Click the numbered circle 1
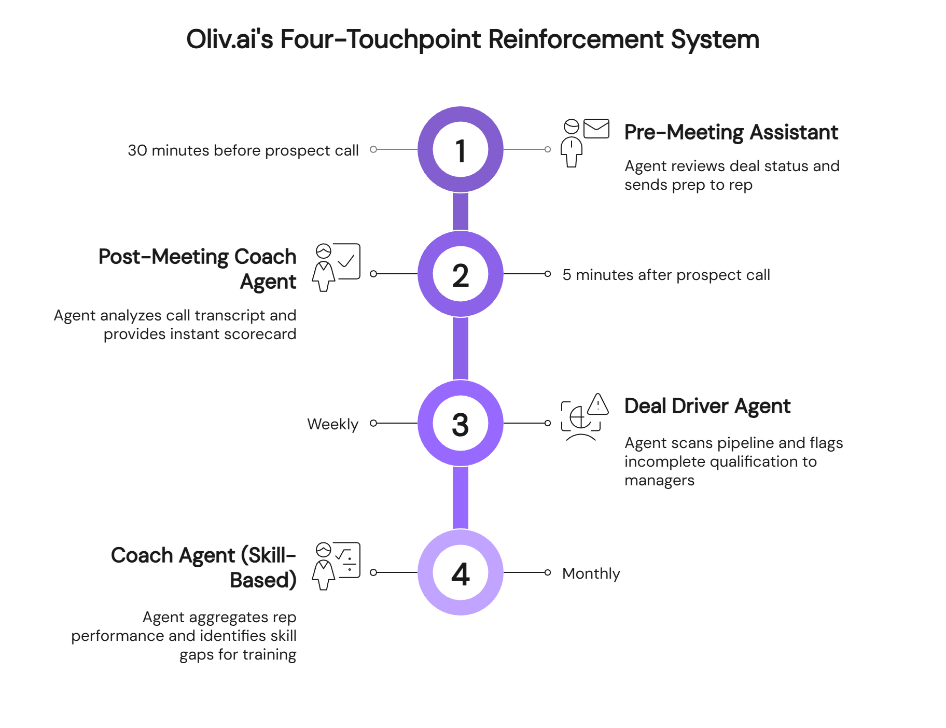point(461,149)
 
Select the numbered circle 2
point(461,274)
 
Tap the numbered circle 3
point(461,423)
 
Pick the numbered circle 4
point(461,572)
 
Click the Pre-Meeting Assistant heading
point(731,133)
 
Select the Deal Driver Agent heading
point(707,407)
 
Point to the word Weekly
point(332,424)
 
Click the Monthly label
point(591,573)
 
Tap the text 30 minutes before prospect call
point(243,150)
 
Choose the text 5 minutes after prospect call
point(666,275)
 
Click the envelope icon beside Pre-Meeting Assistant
point(596,129)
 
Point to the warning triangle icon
point(599,404)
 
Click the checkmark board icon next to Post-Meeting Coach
point(347,261)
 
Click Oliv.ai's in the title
point(229,39)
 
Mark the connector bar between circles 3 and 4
point(461,498)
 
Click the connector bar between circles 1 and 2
point(461,212)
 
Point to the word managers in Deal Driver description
point(659,480)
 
